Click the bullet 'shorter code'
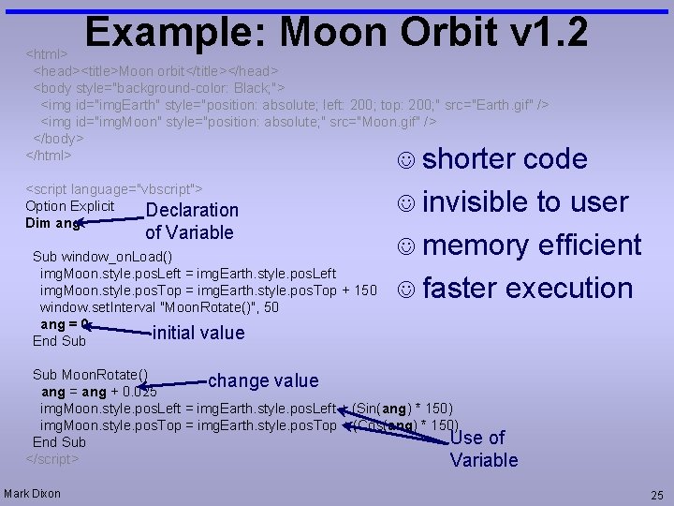point(505,159)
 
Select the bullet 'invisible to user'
point(525,202)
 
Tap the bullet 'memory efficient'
point(531,246)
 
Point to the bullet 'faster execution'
point(527,289)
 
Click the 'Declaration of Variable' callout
point(192,221)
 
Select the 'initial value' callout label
point(198,333)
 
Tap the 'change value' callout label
point(263,380)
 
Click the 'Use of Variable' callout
point(483,449)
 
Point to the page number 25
point(656,494)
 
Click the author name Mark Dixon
point(33,494)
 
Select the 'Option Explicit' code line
point(69,206)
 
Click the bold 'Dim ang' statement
point(52,223)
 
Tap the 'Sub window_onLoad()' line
point(103,256)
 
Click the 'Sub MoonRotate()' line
point(90,375)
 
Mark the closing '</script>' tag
point(52,458)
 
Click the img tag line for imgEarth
point(294,104)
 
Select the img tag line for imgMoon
point(238,121)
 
